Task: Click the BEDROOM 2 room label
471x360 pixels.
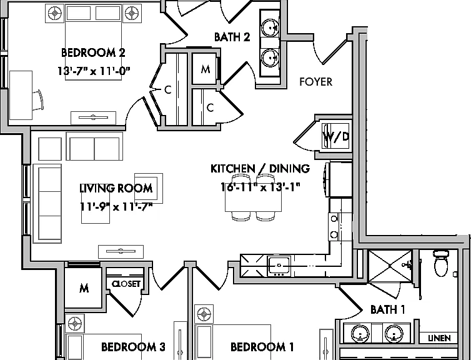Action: click(93, 52)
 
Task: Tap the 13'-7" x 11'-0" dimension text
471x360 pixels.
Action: click(94, 71)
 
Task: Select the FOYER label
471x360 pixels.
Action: click(316, 82)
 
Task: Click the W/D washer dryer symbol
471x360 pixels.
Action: click(336, 136)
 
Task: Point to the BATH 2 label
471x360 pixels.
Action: click(232, 37)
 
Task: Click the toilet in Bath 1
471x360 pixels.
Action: click(440, 263)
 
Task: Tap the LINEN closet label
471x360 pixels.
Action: click(440, 338)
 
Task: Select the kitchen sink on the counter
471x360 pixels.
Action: click(279, 266)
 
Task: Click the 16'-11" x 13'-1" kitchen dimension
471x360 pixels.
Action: click(260, 187)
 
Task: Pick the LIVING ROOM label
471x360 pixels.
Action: click(116, 188)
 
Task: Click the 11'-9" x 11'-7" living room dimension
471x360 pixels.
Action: click(116, 207)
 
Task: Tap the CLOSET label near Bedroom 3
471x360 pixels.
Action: click(126, 284)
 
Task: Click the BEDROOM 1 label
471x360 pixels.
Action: click(262, 347)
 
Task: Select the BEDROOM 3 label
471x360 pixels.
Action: click(133, 347)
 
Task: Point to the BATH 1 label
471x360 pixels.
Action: click(388, 309)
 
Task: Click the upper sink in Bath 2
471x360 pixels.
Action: click(270, 28)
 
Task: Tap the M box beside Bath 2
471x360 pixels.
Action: click(205, 69)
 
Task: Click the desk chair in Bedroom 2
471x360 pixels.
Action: click(38, 100)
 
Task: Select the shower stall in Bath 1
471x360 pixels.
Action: click(390, 266)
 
